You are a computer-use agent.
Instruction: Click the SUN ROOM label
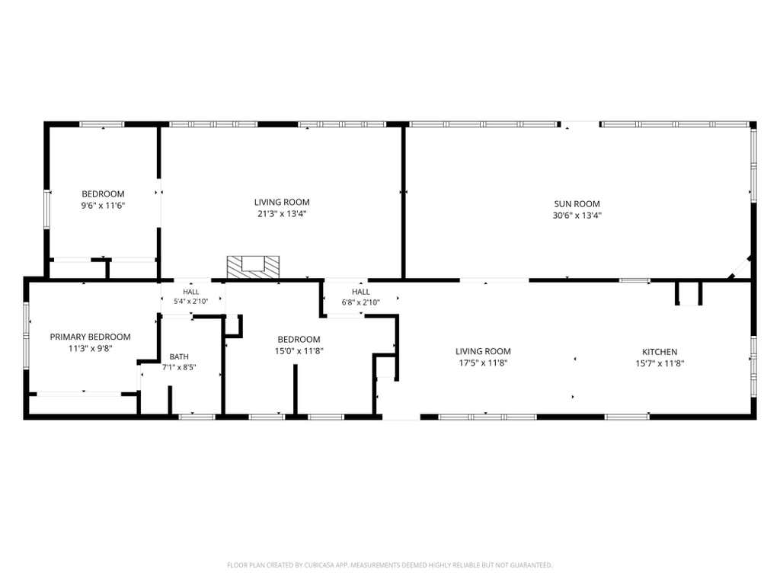pyautogui.click(x=577, y=204)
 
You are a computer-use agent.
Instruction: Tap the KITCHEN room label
pyautogui.click(x=660, y=352)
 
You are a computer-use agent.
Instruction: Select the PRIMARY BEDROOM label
pyautogui.click(x=90, y=337)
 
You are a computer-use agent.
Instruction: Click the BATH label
pyautogui.click(x=179, y=356)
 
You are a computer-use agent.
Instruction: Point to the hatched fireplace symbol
pyautogui.click(x=253, y=267)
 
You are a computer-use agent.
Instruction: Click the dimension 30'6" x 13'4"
pyautogui.click(x=577, y=216)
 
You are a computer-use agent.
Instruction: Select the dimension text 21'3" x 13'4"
pyautogui.click(x=282, y=214)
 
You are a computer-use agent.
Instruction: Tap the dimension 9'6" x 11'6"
pyautogui.click(x=103, y=206)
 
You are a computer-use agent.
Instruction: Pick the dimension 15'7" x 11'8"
pyautogui.click(x=660, y=363)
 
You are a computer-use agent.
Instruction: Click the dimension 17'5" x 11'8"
pyautogui.click(x=483, y=363)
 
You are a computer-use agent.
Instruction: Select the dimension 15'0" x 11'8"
pyautogui.click(x=299, y=351)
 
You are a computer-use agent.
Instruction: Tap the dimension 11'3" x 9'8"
pyautogui.click(x=90, y=349)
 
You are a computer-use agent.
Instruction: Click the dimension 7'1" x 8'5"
pyautogui.click(x=179, y=368)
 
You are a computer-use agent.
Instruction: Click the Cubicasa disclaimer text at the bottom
pyautogui.click(x=389, y=565)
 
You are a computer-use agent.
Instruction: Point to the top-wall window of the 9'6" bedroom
pyautogui.click(x=103, y=124)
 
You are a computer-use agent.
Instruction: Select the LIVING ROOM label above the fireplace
pyautogui.click(x=282, y=202)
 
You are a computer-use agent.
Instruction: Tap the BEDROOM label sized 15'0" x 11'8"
pyautogui.click(x=299, y=339)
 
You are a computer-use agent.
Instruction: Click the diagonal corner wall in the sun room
pyautogui.click(x=740, y=267)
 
